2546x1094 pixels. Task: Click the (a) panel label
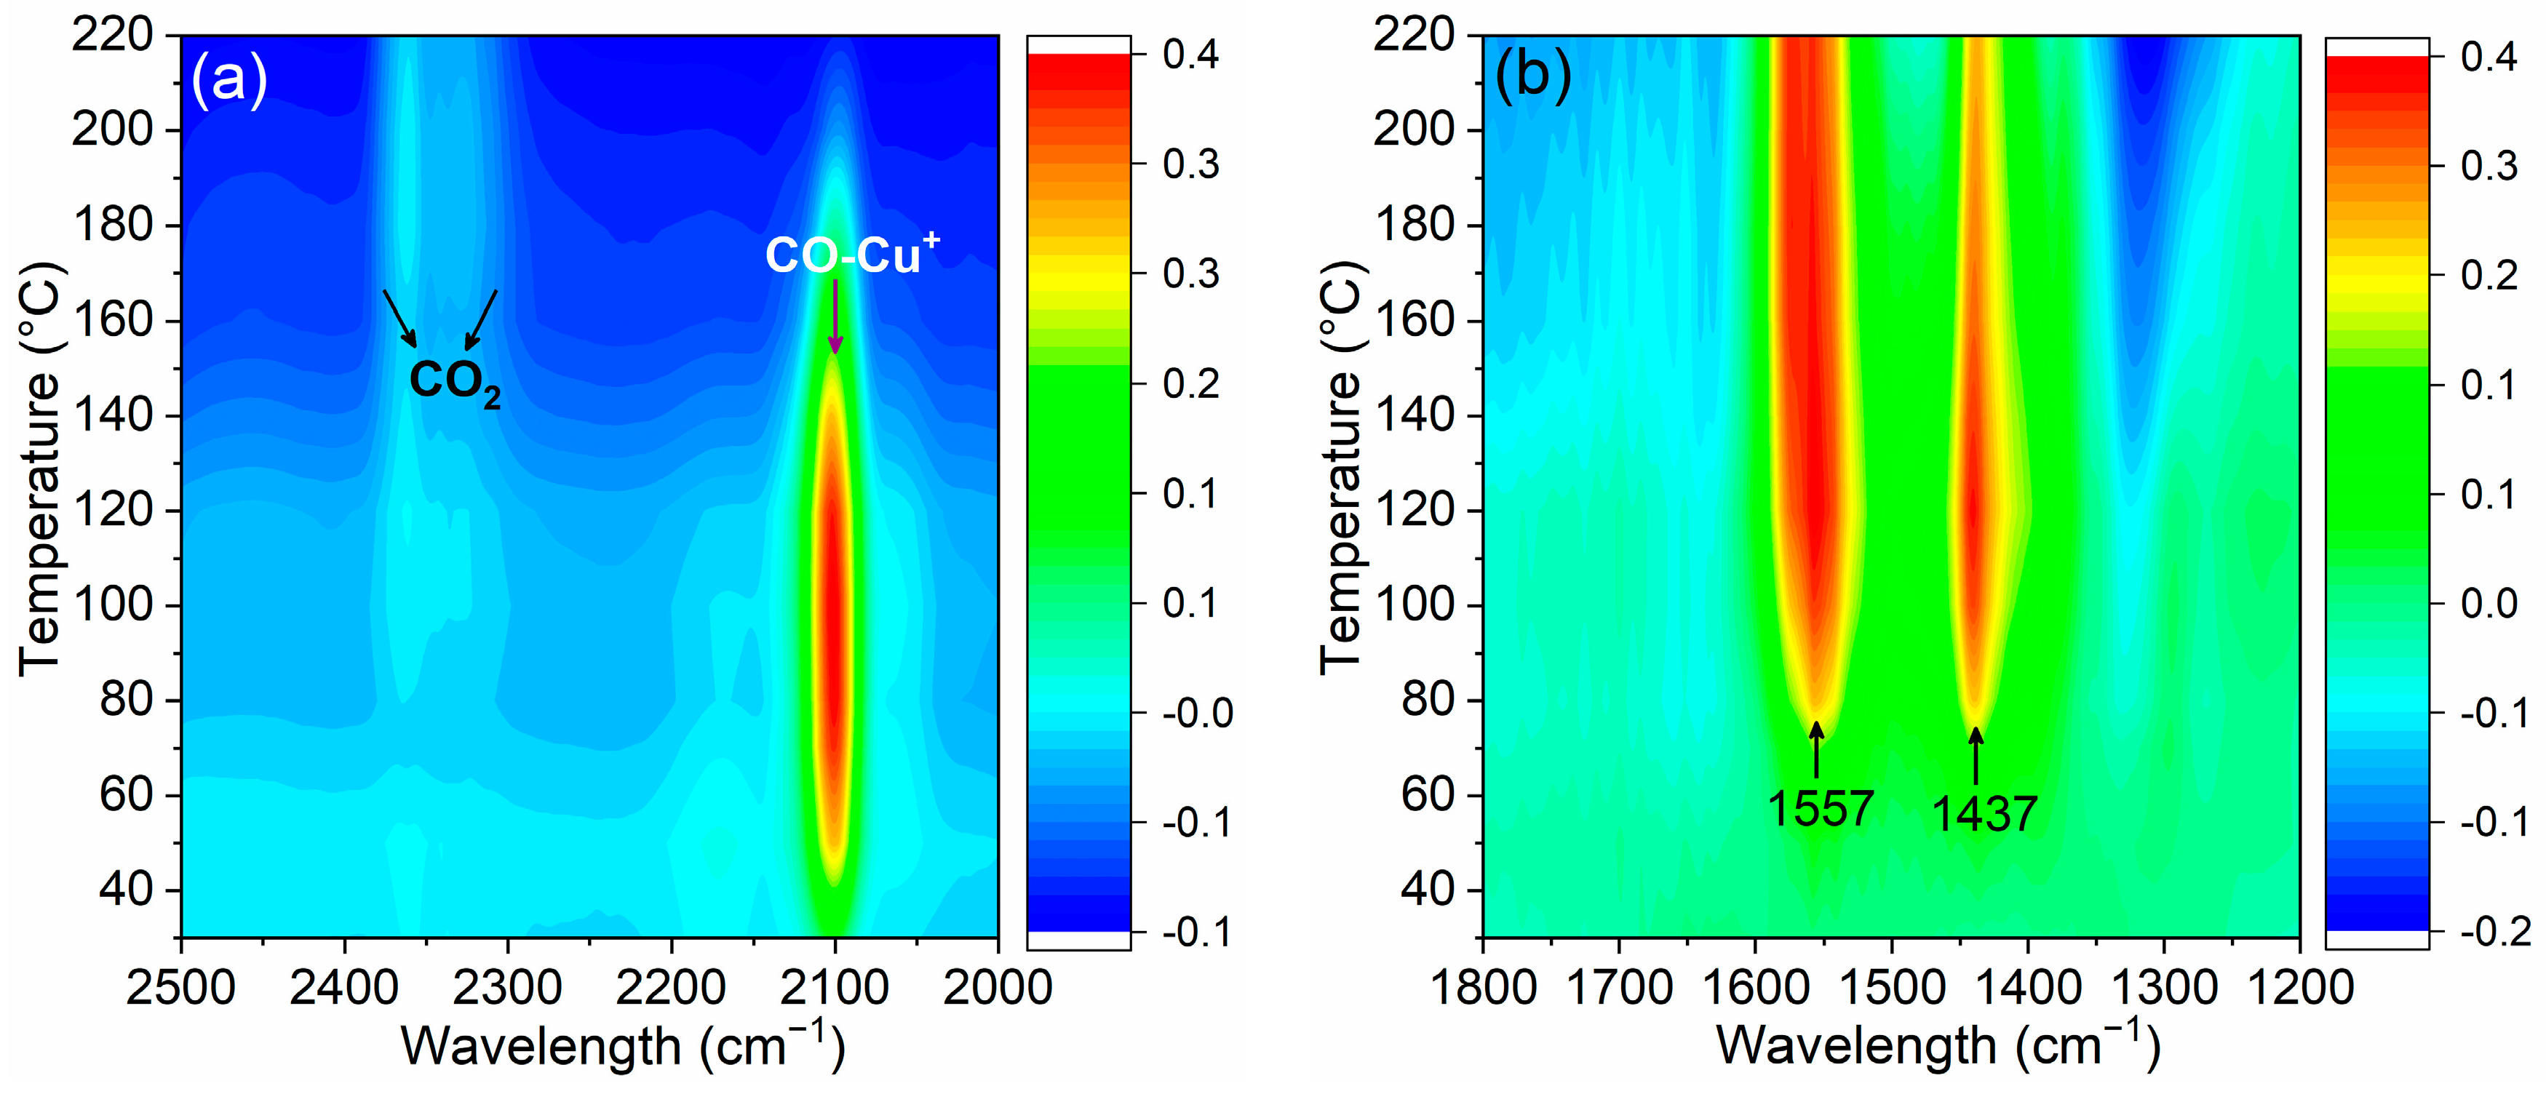[x=228, y=79]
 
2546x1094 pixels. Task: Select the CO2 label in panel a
[x=453, y=380]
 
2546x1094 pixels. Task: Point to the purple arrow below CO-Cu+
[x=835, y=316]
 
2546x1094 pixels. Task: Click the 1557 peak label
[x=1820, y=808]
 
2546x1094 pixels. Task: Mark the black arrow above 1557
[x=1815, y=751]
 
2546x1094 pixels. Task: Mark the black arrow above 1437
[x=1976, y=756]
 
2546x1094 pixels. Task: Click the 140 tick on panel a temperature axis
[x=126, y=415]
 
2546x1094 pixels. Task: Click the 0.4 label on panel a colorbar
[x=1190, y=55]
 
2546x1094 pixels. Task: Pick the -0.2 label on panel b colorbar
[x=2489, y=931]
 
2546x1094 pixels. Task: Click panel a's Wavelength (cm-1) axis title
[x=623, y=1045]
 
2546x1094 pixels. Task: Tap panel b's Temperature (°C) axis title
[x=1343, y=469]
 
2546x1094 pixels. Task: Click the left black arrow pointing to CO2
[x=399, y=318]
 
